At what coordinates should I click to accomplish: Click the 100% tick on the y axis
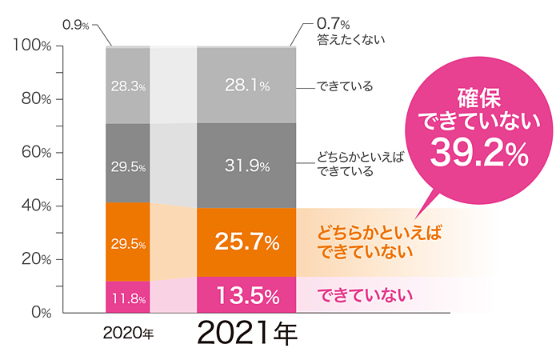click(33, 46)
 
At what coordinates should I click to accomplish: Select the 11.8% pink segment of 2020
click(128, 299)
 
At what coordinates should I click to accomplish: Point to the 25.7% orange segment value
click(246, 240)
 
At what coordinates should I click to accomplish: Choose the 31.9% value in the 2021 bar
click(246, 166)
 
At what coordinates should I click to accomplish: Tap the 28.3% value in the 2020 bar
click(128, 86)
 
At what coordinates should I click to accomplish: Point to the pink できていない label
click(366, 295)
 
